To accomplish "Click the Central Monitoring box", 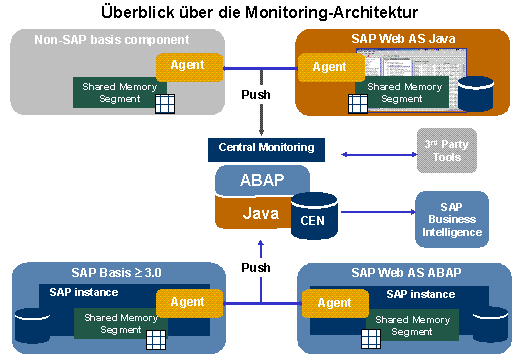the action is coord(266,150).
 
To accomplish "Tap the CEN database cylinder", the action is coord(314,216).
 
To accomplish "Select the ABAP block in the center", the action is coord(262,180).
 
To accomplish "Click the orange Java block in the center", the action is coord(253,213).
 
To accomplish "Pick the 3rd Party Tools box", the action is coord(447,150).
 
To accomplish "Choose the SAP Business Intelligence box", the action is coord(452,219).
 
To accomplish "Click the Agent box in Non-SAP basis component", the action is coord(189,67).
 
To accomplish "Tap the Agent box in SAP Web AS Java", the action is coord(331,68).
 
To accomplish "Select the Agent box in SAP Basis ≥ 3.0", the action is coord(189,303).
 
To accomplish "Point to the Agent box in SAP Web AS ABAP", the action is coord(335,304).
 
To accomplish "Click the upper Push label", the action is coord(256,95).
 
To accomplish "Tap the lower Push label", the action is coord(256,268).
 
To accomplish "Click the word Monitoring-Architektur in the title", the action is coord(332,13).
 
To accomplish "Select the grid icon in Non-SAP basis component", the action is coord(165,104).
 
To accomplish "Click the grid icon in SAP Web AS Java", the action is coord(358,104).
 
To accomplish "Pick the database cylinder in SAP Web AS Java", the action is coord(476,94).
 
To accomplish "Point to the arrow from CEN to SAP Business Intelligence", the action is coord(378,212).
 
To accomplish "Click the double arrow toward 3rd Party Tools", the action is coord(379,154).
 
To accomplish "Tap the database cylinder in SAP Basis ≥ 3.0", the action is coord(32,326).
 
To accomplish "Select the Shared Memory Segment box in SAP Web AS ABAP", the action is coord(412,325).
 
